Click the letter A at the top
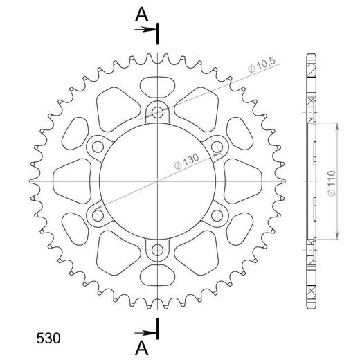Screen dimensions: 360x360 point(141,13)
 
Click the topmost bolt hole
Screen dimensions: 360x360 point(158,111)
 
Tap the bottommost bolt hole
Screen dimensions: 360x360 point(158,249)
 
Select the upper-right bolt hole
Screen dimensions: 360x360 point(217,145)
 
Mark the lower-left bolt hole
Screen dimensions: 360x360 point(98,215)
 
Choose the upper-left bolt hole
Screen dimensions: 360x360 point(98,145)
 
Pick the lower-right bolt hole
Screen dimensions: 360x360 point(217,215)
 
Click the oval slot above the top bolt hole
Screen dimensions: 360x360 point(158,88)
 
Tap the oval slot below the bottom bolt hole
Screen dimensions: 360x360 point(158,273)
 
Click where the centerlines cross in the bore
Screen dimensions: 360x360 point(158,180)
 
